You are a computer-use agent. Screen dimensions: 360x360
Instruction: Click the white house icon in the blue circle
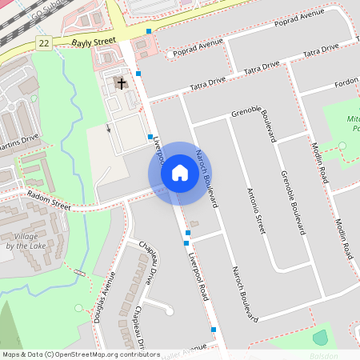(180, 172)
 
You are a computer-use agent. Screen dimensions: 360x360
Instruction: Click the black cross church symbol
(122, 82)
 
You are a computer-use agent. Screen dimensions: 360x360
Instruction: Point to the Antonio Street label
(255, 210)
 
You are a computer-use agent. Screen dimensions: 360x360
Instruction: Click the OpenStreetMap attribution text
(80, 354)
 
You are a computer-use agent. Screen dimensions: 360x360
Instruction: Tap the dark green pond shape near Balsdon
(320, 338)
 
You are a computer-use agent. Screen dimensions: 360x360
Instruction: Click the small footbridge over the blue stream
(79, 274)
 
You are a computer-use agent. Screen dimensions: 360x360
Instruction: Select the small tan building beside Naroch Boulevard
(194, 223)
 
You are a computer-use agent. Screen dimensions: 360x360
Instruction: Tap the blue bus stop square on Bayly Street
(149, 32)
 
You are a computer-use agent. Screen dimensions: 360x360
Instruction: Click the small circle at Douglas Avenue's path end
(78, 308)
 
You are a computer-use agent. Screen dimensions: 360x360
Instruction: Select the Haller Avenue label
(181, 352)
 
